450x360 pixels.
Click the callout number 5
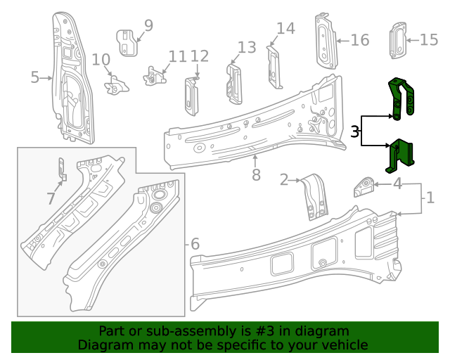tap(35, 77)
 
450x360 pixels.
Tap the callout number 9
tap(148, 26)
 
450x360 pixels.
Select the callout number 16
tap(359, 40)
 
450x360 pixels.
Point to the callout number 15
tap(429, 40)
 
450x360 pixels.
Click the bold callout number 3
tap(355, 131)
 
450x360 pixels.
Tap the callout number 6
tap(195, 245)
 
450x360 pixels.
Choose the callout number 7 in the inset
tap(51, 199)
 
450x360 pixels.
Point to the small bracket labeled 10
tap(116, 86)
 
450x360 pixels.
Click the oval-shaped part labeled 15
tap(398, 40)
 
